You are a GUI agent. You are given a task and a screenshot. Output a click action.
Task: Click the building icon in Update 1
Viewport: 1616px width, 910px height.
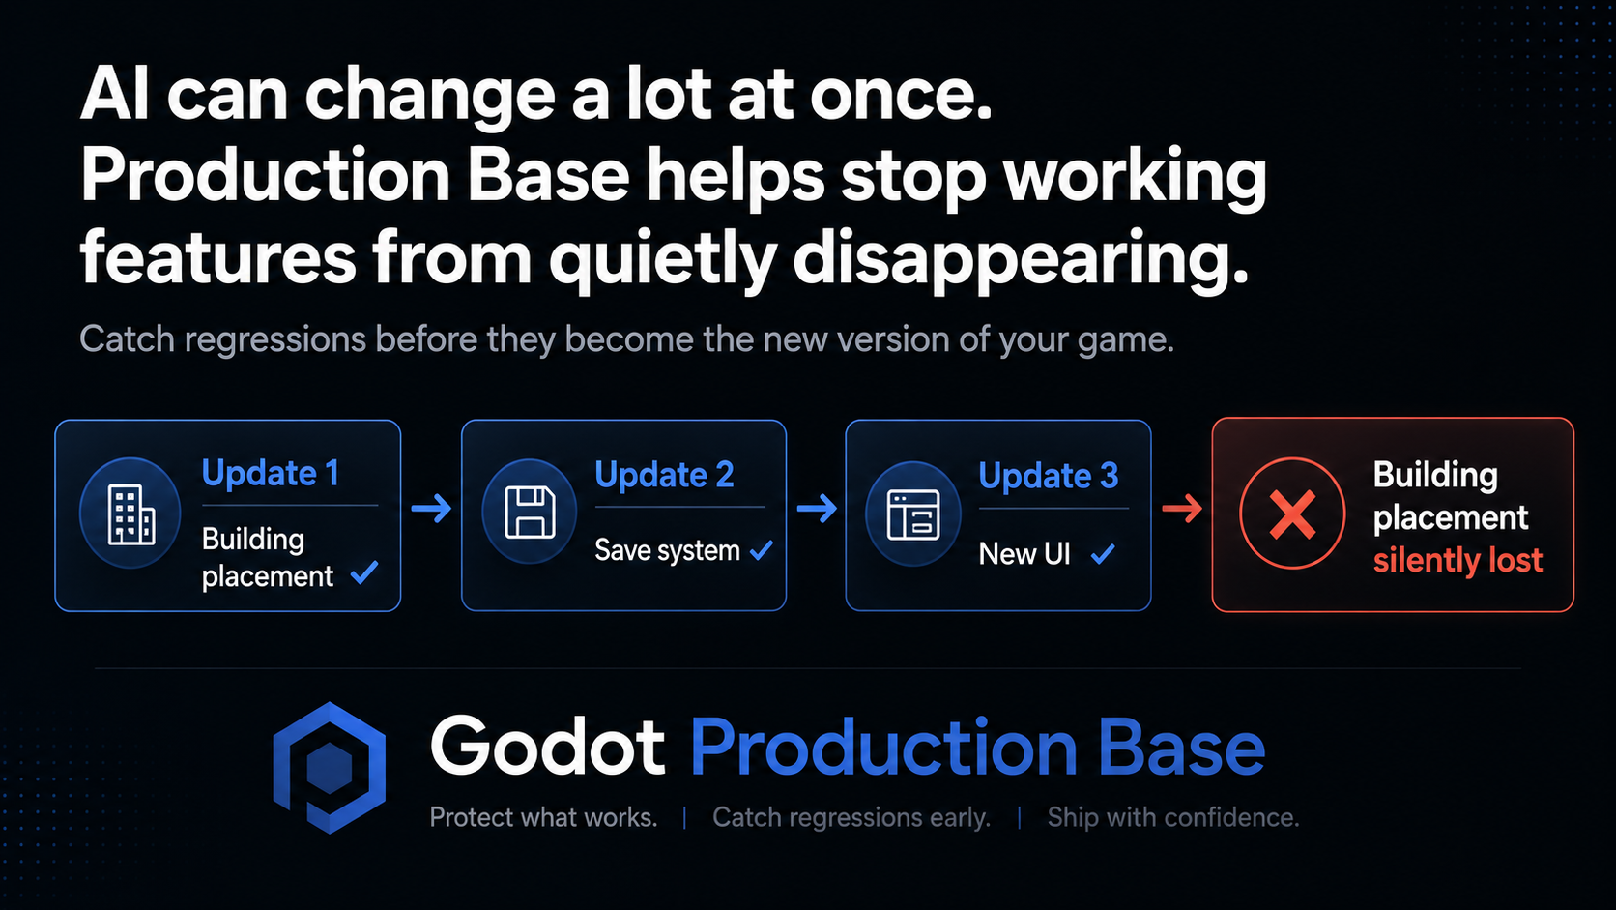click(130, 514)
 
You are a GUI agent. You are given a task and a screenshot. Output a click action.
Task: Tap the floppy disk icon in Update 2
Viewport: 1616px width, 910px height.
click(531, 513)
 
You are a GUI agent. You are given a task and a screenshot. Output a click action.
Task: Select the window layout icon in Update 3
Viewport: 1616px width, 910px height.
click(913, 514)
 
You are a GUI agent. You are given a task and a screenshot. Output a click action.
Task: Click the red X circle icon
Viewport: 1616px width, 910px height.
click(1292, 514)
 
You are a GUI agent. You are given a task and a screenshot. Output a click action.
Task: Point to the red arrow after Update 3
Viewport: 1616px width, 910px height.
click(1182, 509)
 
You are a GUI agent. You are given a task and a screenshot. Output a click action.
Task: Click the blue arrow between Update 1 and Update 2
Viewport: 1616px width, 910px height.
click(431, 509)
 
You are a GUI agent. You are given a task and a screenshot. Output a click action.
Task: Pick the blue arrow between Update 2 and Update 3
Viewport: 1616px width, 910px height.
click(817, 509)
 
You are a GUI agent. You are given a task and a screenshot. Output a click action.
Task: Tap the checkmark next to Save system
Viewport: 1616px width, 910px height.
click(761, 551)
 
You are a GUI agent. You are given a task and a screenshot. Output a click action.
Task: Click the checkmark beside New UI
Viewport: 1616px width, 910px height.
click(1103, 554)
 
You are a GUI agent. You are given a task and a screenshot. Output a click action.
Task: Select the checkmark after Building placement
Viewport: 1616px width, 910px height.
click(364, 572)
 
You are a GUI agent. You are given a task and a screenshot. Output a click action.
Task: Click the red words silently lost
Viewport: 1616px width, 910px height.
click(1458, 561)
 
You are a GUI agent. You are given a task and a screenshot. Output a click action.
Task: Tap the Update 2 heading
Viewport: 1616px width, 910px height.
click(664, 475)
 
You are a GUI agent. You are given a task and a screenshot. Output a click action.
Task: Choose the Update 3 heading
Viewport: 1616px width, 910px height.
click(1049, 477)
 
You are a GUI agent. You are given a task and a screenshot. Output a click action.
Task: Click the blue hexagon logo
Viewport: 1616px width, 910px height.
click(329, 768)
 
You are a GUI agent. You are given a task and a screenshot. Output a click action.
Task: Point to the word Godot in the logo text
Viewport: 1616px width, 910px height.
click(547, 746)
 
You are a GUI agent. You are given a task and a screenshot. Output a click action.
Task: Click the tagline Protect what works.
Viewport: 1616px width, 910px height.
click(543, 817)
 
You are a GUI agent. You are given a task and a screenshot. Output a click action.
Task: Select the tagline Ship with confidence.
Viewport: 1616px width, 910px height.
click(1173, 817)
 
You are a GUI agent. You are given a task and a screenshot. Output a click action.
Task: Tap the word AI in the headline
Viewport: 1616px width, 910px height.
click(115, 94)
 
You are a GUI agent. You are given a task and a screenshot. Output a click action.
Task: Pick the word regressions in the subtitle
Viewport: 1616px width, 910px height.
click(274, 339)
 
